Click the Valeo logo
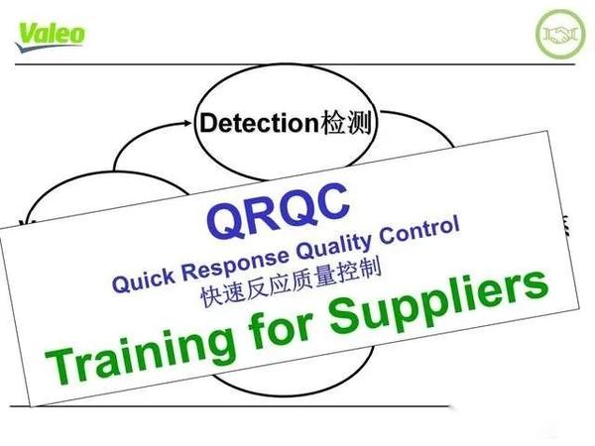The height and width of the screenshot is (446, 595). click(x=50, y=34)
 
